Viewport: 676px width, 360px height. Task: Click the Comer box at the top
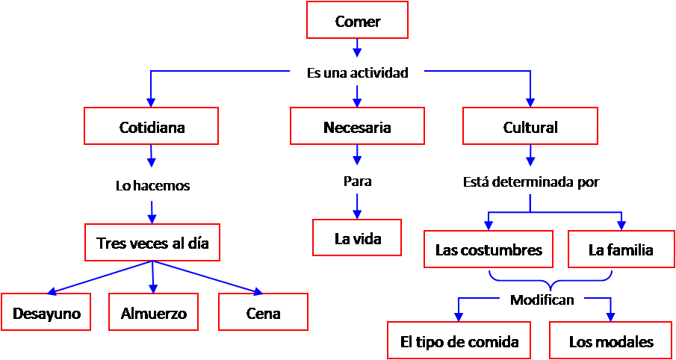(357, 20)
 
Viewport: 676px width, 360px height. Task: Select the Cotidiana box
(152, 126)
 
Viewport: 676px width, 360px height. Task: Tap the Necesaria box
(357, 126)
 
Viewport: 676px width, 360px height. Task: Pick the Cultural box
(530, 126)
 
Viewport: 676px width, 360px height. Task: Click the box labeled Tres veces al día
(152, 242)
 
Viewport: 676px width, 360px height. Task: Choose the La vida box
(357, 238)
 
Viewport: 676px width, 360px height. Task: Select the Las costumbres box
(489, 249)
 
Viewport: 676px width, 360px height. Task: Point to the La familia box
(620, 249)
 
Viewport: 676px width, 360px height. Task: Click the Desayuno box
(46, 312)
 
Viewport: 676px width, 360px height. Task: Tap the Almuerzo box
(154, 312)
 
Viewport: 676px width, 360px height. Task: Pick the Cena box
(263, 312)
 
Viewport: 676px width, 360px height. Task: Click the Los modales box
(611, 341)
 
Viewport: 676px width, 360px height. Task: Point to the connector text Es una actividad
(357, 73)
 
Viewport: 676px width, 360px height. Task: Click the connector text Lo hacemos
(152, 185)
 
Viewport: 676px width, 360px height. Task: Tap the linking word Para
(357, 181)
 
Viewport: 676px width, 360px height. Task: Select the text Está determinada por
(530, 181)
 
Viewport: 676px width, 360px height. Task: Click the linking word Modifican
(542, 300)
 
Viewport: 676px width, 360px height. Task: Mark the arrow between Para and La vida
(357, 204)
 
